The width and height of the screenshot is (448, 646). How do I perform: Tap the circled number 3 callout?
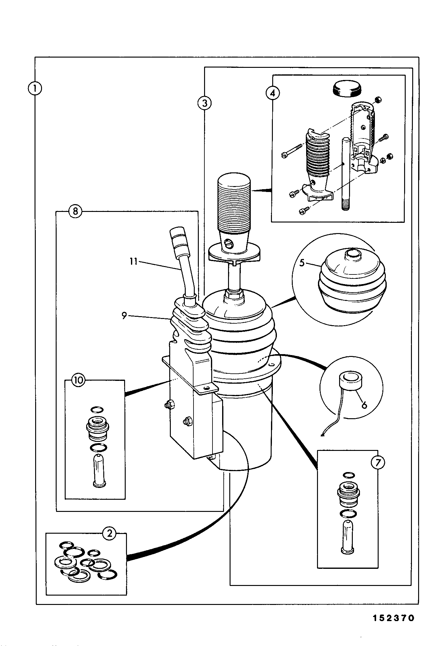coord(204,103)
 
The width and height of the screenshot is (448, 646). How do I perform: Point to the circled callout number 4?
coord(273,93)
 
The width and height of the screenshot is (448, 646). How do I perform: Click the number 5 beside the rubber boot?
coord(302,262)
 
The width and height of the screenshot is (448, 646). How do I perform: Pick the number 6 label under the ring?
coord(364,405)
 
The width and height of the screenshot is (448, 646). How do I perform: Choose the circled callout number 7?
coord(378,463)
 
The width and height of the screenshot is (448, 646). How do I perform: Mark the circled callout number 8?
coord(75,211)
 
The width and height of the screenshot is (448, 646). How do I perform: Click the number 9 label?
coord(124,316)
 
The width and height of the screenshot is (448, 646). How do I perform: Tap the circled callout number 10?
coord(78,380)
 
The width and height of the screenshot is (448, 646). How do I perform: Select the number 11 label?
coord(133,261)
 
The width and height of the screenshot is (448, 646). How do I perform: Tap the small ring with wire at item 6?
coord(351,380)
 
